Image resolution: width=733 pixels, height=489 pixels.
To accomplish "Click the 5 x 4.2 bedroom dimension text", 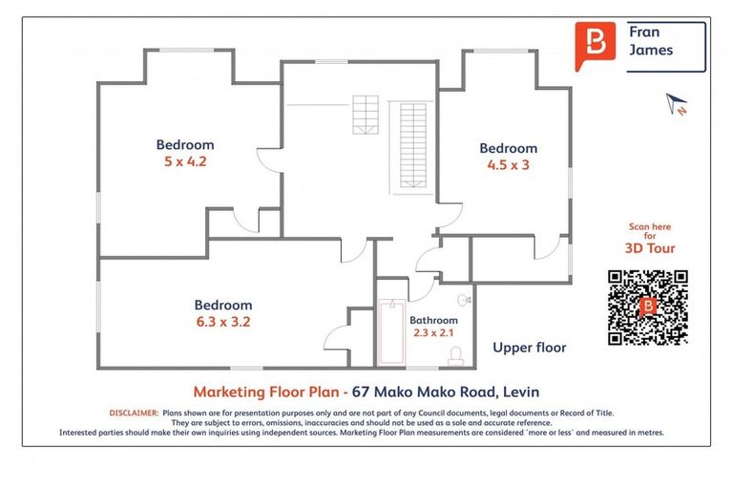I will coord(185,161).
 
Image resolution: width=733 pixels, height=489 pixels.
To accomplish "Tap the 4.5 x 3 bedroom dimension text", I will coord(508,164).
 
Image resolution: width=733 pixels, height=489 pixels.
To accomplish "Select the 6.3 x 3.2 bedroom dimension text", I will coord(223,322).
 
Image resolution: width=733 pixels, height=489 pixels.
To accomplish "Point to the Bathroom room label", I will coord(433,320).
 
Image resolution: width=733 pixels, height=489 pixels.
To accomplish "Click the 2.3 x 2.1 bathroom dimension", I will coord(433,333).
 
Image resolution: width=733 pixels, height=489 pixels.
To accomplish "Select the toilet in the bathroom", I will coord(456,355).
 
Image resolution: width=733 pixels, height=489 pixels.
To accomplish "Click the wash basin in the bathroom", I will coord(464,299).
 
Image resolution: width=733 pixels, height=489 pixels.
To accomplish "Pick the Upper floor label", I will coord(529,348).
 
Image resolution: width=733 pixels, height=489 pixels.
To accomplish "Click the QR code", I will coord(648,307).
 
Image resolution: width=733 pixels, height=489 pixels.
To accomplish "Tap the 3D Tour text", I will coord(650,248).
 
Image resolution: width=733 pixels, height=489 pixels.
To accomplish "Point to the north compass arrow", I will coord(677,101).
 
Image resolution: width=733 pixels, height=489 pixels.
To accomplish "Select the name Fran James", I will coord(650,41).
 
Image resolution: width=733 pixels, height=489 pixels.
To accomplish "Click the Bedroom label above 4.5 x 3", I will coord(508,148).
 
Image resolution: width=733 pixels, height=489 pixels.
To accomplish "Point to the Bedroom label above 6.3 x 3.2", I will coord(223,306).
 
